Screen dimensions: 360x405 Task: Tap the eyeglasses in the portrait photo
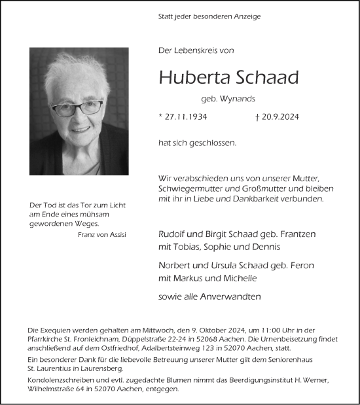pos(77,107)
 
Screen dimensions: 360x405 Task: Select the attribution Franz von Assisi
pos(101,235)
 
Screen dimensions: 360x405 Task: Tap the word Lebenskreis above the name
pos(198,50)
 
